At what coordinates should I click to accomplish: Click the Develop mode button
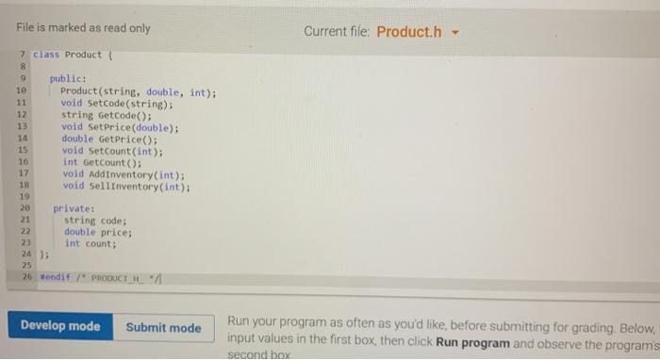coord(59,326)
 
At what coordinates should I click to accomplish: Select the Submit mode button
coord(163,327)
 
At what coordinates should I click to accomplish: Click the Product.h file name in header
coord(408,32)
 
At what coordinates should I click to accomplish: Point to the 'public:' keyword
coord(68,79)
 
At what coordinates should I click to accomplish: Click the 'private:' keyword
coord(74,208)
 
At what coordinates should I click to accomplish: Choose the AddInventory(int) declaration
coord(123,173)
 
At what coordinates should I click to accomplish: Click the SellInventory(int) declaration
coord(125,186)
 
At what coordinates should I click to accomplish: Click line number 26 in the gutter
coord(26,277)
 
